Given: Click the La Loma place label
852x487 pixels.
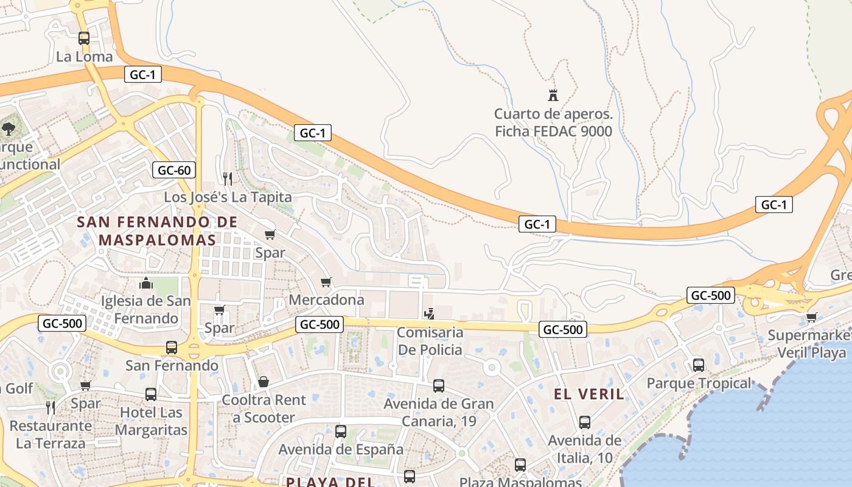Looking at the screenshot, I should tap(85, 57).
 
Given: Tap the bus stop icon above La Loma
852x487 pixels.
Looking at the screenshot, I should tap(84, 38).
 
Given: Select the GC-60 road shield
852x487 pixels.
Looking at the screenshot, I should tap(175, 170).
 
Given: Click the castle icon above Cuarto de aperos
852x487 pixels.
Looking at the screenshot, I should tap(553, 95).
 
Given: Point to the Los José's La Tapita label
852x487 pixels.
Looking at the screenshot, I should tap(228, 197).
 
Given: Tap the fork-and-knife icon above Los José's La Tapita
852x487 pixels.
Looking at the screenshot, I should tap(228, 178).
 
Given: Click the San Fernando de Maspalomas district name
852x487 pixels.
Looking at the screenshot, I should tap(157, 231).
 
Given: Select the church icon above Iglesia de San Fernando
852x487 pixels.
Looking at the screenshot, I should tap(145, 283).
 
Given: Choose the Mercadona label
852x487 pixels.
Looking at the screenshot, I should tap(326, 300).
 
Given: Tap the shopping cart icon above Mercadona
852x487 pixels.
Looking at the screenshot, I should tap(326, 282).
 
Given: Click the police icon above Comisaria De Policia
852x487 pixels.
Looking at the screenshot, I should tap(430, 314).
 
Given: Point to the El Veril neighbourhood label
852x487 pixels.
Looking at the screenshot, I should tap(589, 394).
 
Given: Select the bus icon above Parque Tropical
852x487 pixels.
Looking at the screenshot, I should tap(699, 365).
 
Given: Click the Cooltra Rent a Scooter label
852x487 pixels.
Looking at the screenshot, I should tap(264, 408).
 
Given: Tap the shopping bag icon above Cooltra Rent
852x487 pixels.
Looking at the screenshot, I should tap(264, 382).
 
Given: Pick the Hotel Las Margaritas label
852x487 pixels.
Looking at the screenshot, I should tap(151, 421).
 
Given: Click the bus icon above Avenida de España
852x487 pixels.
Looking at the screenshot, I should tap(341, 432).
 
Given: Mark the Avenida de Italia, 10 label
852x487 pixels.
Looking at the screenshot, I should tap(585, 449).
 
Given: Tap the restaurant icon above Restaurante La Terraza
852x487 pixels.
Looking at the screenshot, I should tap(51, 407).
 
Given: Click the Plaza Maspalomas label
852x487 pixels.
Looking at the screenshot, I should tap(520, 482).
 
